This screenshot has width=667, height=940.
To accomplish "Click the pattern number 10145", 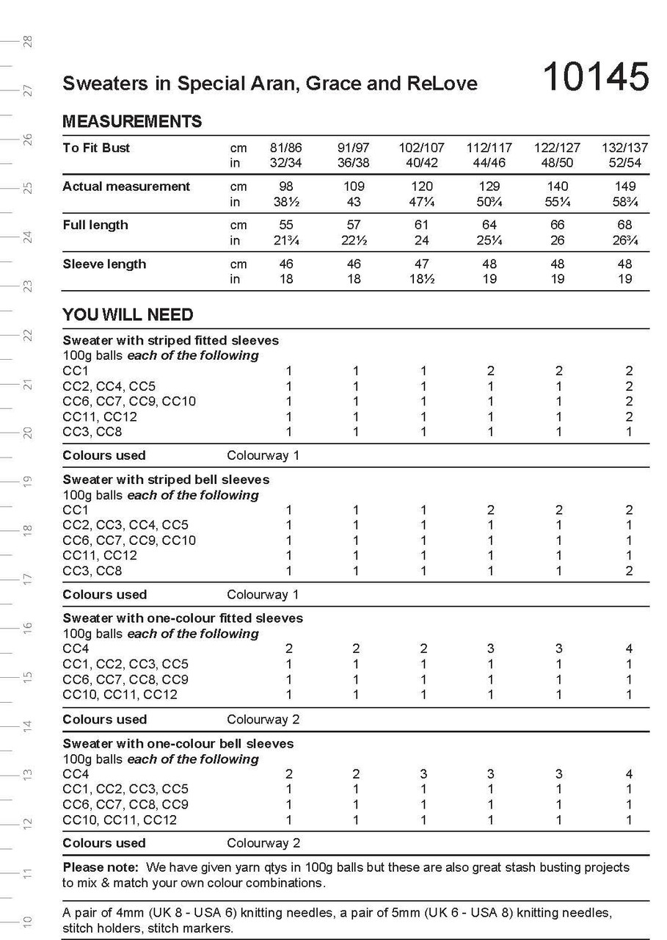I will point(595,76).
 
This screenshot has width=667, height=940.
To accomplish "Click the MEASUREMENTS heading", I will point(132,121).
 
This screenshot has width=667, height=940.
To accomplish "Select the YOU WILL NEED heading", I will point(128,315).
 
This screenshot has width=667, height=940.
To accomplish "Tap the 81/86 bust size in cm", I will point(286,148).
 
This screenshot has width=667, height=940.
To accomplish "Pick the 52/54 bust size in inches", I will point(624,162).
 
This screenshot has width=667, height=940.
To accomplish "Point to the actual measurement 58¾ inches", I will point(624,201).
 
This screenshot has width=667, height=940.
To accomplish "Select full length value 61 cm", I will point(422,225).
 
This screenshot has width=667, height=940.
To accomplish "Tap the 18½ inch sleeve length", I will point(422,279).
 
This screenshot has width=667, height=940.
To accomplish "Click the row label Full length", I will point(95,225).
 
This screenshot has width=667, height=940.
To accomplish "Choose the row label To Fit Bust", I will point(96,148).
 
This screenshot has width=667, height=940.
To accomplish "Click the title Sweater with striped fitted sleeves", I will point(170,341).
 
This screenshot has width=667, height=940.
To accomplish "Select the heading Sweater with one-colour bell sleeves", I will point(178,744).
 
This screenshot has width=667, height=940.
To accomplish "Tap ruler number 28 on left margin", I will point(28,41).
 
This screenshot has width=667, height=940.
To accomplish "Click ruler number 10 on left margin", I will point(28,922).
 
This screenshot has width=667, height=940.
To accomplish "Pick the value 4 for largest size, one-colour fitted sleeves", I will point(629,648).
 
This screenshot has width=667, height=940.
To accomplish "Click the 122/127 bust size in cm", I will point(557,148).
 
